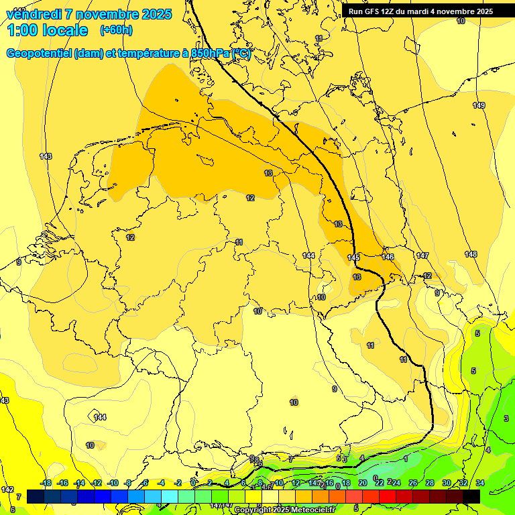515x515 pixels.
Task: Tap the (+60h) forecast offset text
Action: tap(116, 30)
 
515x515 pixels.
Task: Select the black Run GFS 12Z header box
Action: tap(420, 11)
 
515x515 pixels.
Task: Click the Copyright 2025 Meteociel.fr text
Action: tap(284, 510)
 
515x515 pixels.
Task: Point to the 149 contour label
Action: tap(478, 105)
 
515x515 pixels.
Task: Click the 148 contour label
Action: tap(471, 254)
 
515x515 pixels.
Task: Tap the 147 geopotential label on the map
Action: tap(422, 255)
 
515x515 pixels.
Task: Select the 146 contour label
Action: tap(388, 257)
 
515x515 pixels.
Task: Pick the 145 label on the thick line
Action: tap(353, 258)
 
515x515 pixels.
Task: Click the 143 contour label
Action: tap(46, 156)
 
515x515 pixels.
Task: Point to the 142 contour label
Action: tap(7, 490)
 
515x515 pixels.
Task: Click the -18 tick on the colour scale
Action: tap(46, 483)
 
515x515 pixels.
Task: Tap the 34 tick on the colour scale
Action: tap(480, 483)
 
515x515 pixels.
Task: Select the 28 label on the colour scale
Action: tap(430, 483)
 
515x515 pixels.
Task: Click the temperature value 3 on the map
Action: tap(506, 418)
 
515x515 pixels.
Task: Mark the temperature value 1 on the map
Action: tap(406, 458)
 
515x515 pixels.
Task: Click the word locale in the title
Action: tap(64, 30)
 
